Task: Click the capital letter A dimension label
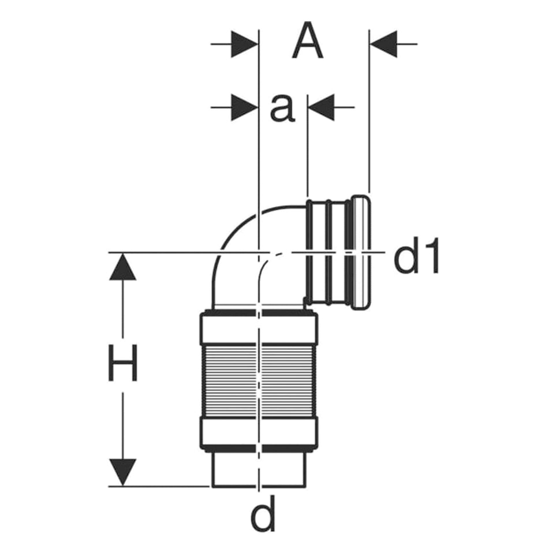[x=308, y=40]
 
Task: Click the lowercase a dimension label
[x=282, y=108]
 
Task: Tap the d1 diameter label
[x=416, y=256]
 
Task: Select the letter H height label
[x=123, y=363]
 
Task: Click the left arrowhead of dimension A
[x=245, y=44]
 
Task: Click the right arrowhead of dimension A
[x=383, y=44]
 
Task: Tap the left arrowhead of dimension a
[x=245, y=107]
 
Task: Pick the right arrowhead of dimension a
[x=321, y=107]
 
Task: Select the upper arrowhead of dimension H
[x=123, y=266]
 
